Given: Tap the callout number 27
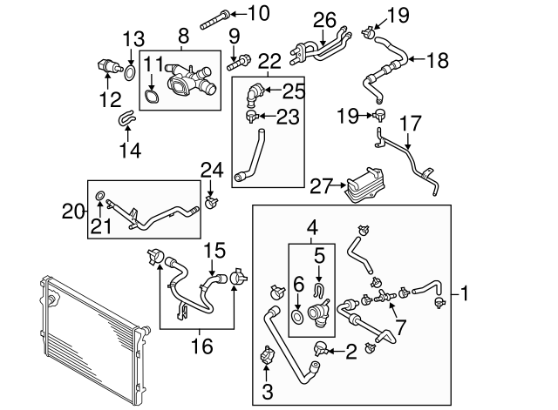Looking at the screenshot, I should pyautogui.click(x=321, y=184).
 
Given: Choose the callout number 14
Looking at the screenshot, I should pyautogui.click(x=129, y=150).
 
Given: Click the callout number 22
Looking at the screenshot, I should pyautogui.click(x=269, y=60).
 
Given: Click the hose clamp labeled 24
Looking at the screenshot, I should pyautogui.click(x=209, y=204).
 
